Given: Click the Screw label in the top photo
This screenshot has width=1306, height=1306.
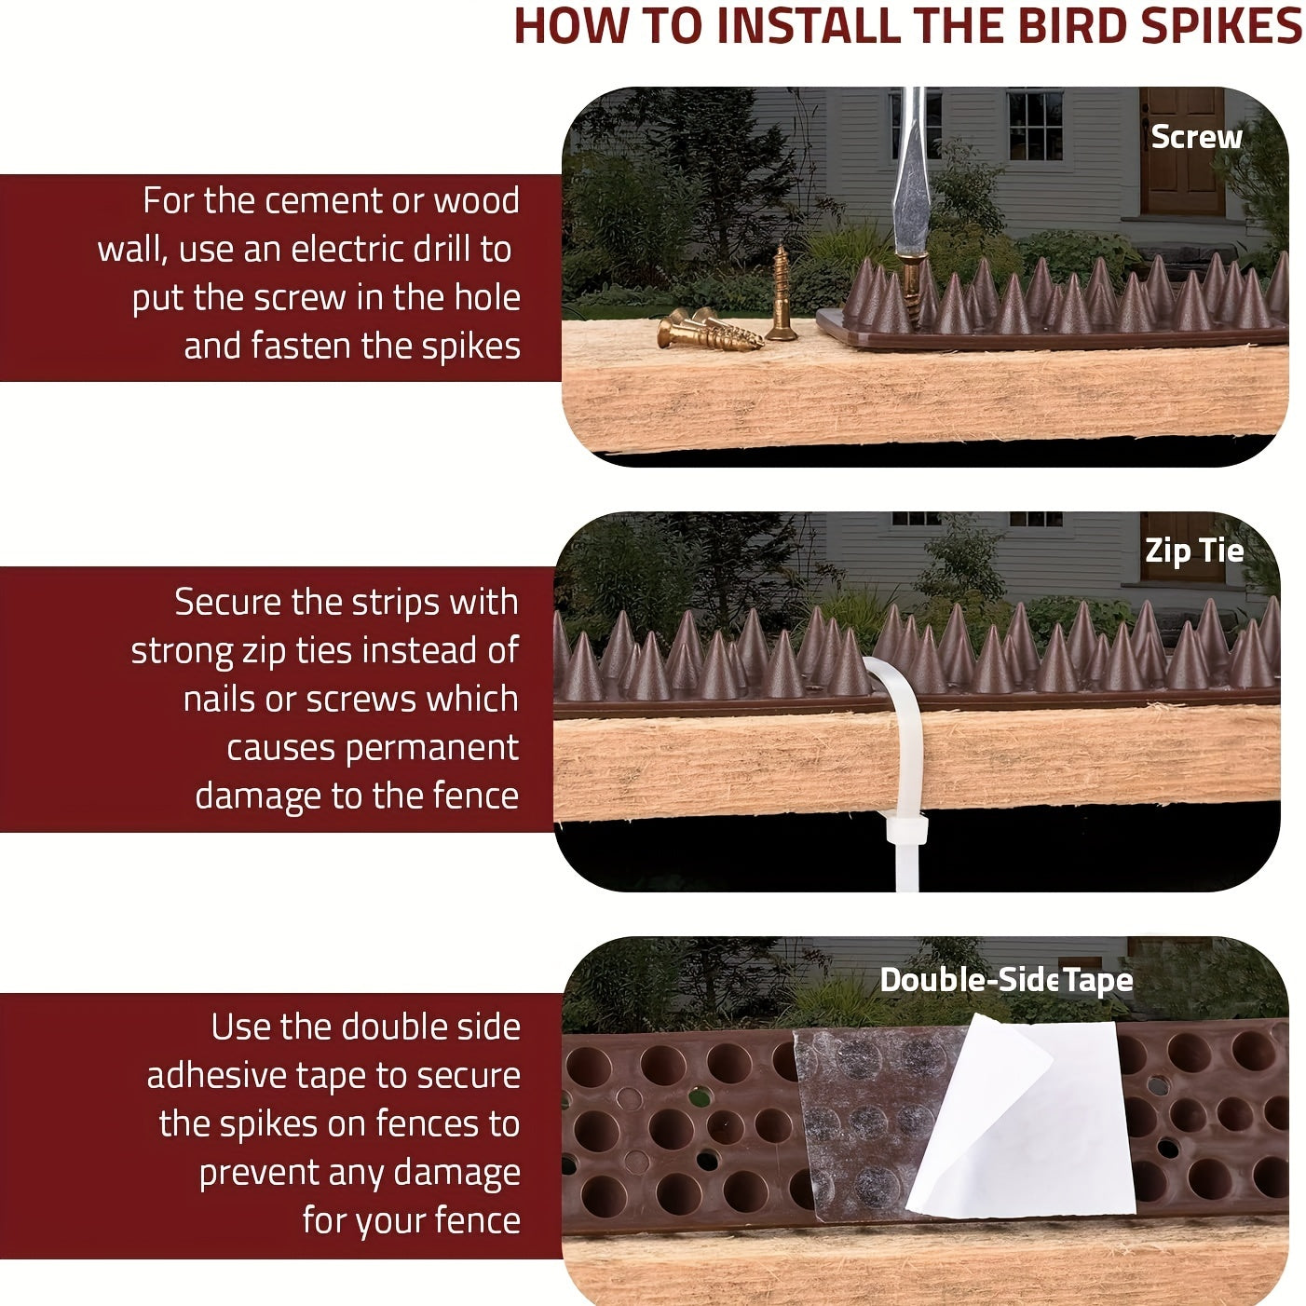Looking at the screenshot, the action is click(1196, 137).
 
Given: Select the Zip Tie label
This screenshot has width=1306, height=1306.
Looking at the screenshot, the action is click(1194, 551).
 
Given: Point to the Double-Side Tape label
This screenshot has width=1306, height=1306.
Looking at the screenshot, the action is click(1006, 980).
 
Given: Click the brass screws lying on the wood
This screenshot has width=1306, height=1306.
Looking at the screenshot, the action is click(708, 330).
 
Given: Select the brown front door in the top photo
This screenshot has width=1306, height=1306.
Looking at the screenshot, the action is click(1183, 152).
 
